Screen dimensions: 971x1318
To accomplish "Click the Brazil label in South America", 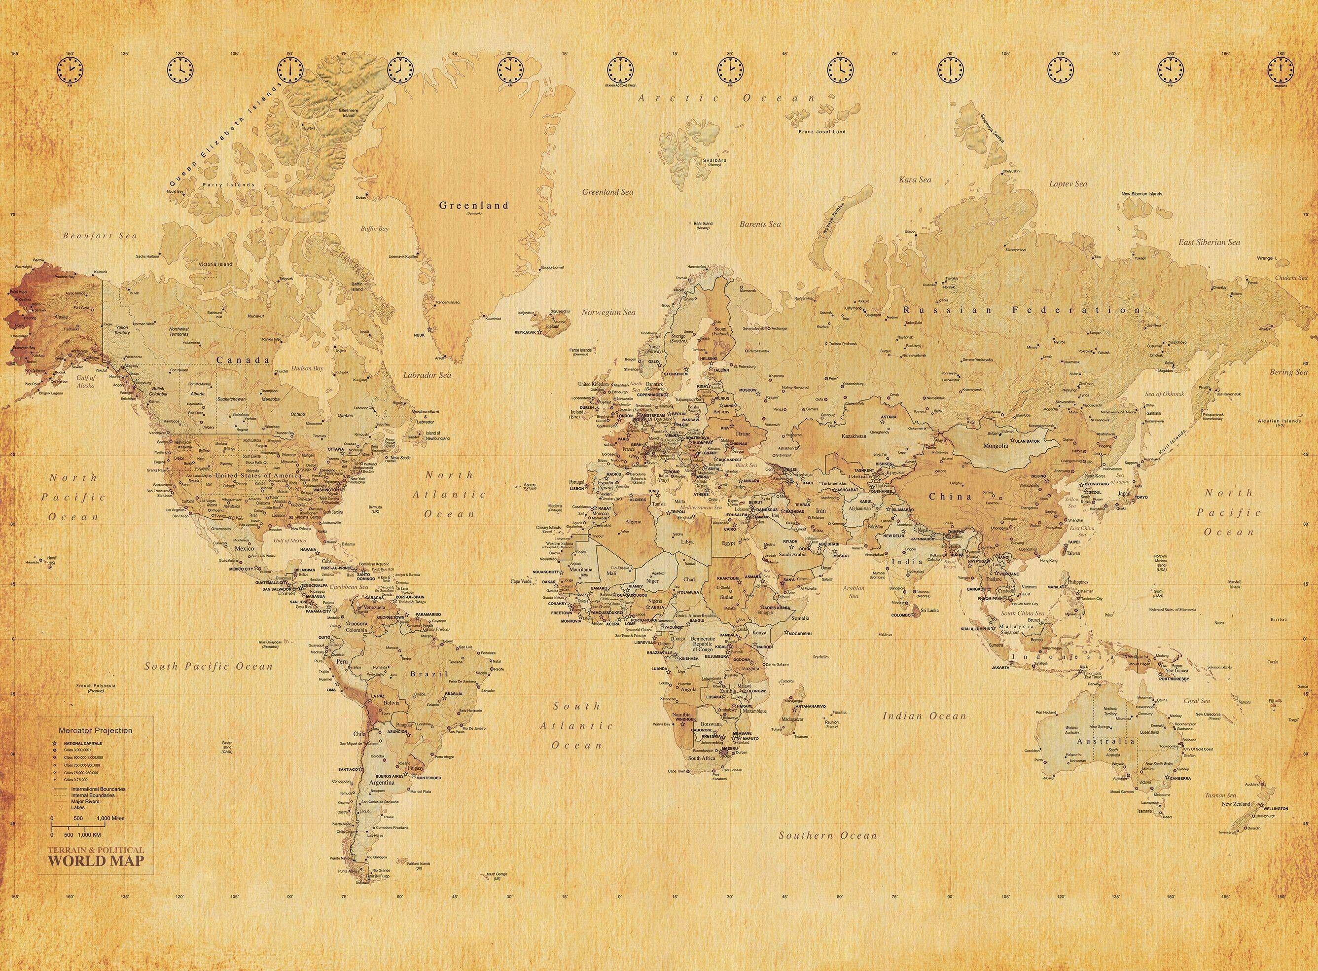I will pos(429,674).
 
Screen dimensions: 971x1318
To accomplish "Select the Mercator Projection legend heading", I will pos(95,731).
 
